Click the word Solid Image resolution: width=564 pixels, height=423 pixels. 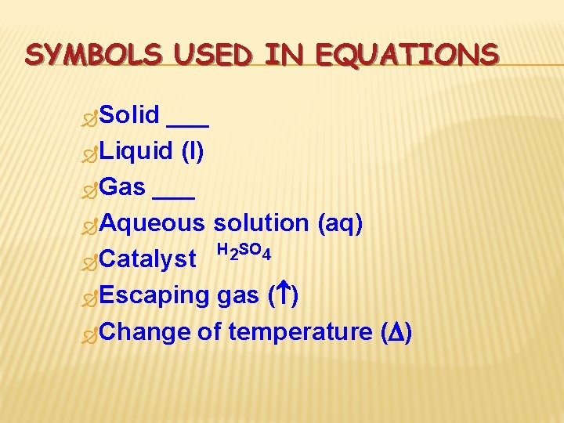130,115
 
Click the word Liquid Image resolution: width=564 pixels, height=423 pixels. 136,151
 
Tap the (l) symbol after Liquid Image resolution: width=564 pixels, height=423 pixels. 193,151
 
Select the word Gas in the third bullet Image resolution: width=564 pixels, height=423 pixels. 123,187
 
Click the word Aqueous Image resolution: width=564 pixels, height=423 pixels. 152,223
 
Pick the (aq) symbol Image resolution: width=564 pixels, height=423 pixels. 340,223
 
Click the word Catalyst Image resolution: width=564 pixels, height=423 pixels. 148,259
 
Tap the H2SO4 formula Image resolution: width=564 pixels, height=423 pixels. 244,252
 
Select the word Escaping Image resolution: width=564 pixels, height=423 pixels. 154,295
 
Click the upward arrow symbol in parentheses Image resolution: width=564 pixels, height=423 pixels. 284,295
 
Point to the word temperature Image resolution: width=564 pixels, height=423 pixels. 301,332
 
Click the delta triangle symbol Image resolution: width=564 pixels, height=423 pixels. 396,332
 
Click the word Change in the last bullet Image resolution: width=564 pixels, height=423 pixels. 146,332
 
